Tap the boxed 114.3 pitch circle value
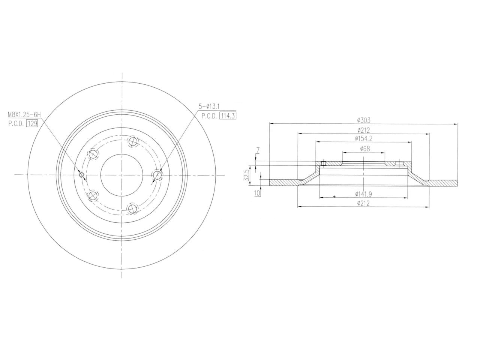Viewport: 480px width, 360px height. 228,115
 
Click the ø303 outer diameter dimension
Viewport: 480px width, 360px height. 363,120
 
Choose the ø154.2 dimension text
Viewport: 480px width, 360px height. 363,138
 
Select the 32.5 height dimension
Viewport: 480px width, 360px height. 246,174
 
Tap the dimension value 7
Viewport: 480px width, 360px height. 257,151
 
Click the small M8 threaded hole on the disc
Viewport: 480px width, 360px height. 82,175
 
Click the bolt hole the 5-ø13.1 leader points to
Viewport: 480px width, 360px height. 157,175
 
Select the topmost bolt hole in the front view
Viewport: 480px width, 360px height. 132,142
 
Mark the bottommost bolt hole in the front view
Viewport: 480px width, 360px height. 132,208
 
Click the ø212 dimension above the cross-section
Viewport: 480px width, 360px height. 363,130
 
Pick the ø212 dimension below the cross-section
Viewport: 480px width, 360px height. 363,203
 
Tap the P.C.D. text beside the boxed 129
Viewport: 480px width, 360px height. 15,123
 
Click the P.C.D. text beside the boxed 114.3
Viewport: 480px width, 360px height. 209,115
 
